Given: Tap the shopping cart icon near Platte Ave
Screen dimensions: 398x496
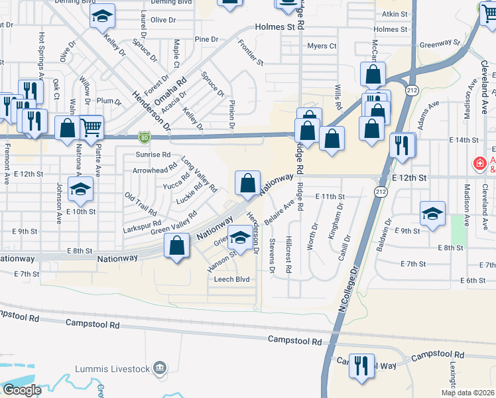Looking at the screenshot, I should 92,126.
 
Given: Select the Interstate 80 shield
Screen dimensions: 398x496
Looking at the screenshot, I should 144,137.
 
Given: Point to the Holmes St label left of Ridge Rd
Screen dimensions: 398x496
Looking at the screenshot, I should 275,27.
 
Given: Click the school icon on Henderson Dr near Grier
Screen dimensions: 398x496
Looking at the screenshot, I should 239,237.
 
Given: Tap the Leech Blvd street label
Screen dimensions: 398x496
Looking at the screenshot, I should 231,279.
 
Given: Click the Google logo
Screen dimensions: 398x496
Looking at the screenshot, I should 22,390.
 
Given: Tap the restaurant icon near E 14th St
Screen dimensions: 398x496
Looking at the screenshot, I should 402,145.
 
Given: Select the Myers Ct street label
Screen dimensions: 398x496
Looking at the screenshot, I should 322,46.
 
